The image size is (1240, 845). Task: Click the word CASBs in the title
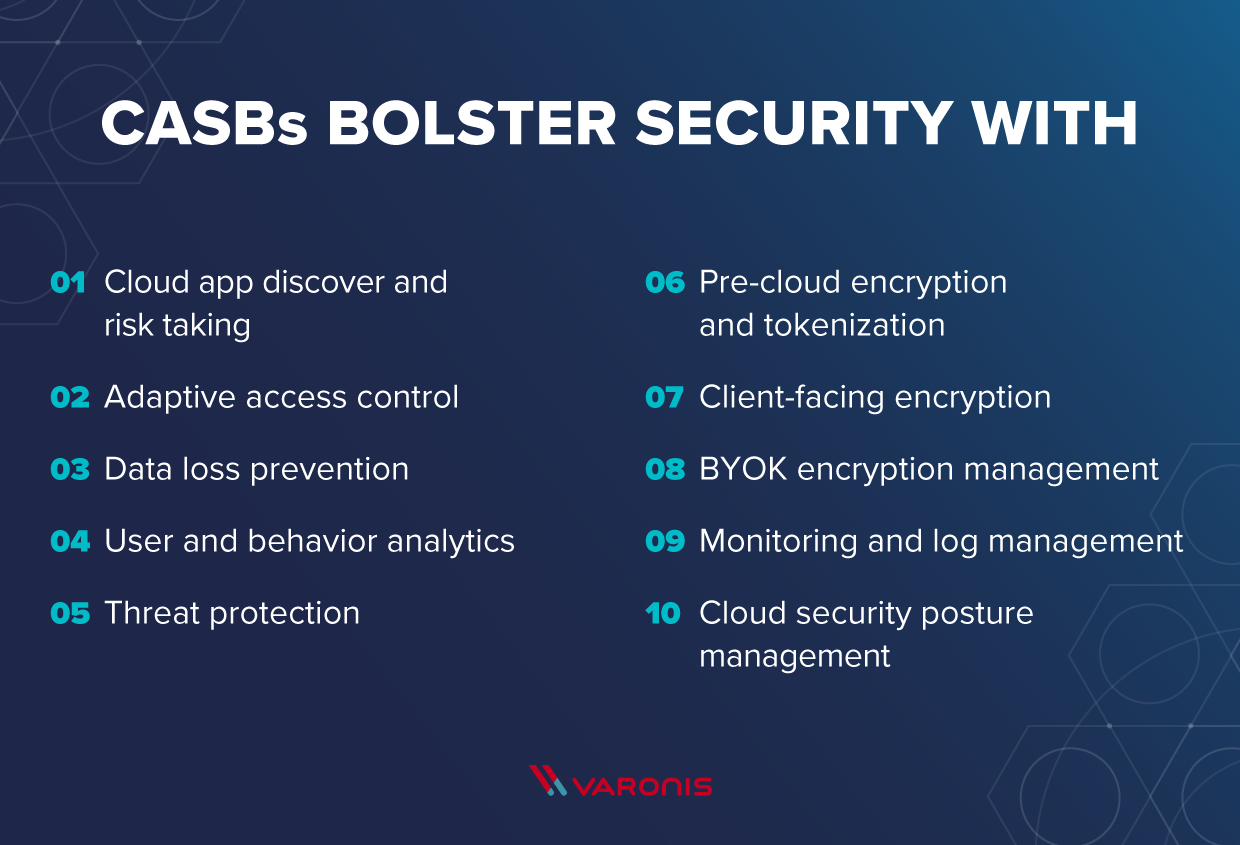(204, 124)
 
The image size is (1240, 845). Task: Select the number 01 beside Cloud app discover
(68, 282)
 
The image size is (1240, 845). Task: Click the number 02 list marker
(69, 397)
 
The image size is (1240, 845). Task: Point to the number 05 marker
(69, 613)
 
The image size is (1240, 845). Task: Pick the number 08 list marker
(664, 469)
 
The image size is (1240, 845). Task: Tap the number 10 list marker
(662, 613)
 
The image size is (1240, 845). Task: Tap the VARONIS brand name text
(642, 785)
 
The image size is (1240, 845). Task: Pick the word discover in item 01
(324, 282)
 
